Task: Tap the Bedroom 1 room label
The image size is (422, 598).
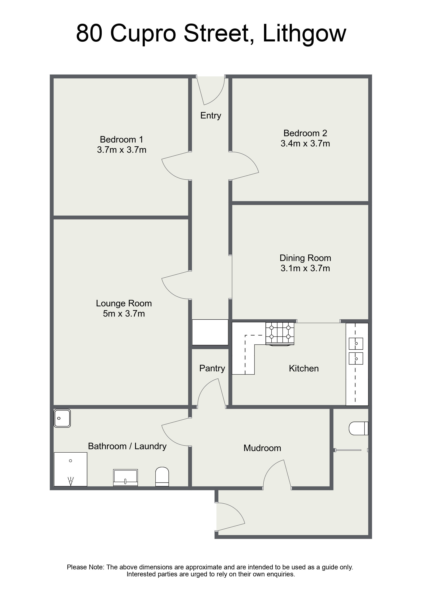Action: [121, 140]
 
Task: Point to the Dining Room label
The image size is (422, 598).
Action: [305, 258]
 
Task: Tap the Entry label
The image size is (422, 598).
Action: [211, 115]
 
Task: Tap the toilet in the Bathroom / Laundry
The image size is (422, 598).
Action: [162, 477]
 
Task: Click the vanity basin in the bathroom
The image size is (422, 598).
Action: [125, 478]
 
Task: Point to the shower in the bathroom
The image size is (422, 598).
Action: [70, 469]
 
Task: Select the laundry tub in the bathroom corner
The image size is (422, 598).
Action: [62, 418]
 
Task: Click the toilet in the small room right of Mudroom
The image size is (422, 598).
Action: [358, 428]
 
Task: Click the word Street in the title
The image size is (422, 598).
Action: [216, 33]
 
